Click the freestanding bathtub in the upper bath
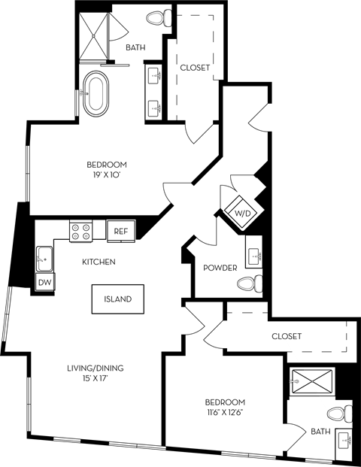pyautogui.click(x=97, y=94)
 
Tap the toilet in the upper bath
pyautogui.click(x=159, y=17)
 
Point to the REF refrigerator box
pyautogui.click(x=121, y=232)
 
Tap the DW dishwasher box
pyautogui.click(x=46, y=282)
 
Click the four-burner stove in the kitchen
pyautogui.click(x=81, y=231)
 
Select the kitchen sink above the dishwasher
pyautogui.click(x=44, y=259)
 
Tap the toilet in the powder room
pyautogui.click(x=249, y=284)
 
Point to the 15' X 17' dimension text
pyautogui.click(x=94, y=378)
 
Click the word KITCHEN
pyautogui.click(x=99, y=262)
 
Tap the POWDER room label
pyautogui.click(x=220, y=268)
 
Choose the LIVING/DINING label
pyautogui.click(x=94, y=368)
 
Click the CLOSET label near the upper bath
pyautogui.click(x=195, y=68)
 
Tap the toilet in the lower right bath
pyautogui.click(x=341, y=414)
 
